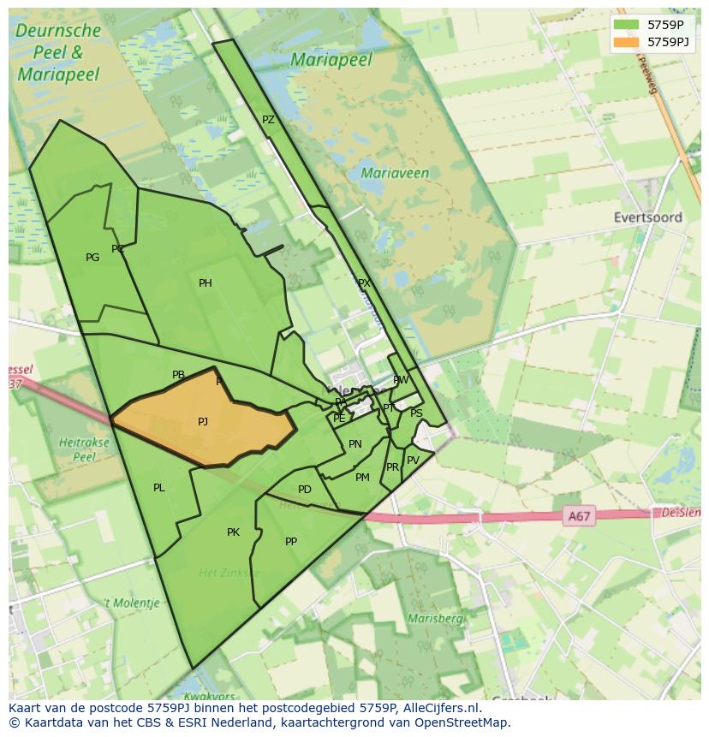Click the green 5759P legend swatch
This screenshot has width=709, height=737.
point(627,25)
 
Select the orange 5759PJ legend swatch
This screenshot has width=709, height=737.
point(627,42)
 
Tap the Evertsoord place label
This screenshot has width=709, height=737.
point(647,217)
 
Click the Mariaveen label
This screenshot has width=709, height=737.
point(395,173)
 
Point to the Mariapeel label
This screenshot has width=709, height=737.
point(331,60)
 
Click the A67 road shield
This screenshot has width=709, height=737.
point(579,516)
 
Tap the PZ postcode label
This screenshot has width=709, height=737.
point(268,121)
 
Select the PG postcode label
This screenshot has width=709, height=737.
point(92,258)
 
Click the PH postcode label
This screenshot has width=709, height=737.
point(206,283)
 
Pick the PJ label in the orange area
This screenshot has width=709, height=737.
point(203,421)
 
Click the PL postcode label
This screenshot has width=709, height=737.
point(159,488)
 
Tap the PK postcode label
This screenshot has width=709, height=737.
point(233,532)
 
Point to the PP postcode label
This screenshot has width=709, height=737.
point(291,542)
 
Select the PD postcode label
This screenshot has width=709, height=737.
point(305,490)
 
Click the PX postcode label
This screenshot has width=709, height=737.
point(364,283)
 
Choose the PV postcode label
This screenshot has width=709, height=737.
point(413,461)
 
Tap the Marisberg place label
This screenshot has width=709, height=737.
point(436,618)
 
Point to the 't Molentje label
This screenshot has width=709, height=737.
point(132,603)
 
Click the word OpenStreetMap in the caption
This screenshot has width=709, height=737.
point(463,722)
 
